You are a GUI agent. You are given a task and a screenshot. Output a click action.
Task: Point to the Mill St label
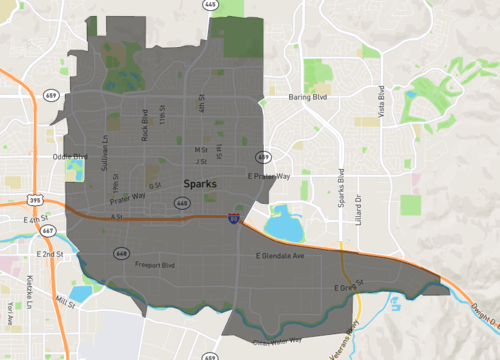pyautogui.click(x=65, y=301)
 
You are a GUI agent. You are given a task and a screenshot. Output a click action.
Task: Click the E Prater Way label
pyautogui.click(x=268, y=176)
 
